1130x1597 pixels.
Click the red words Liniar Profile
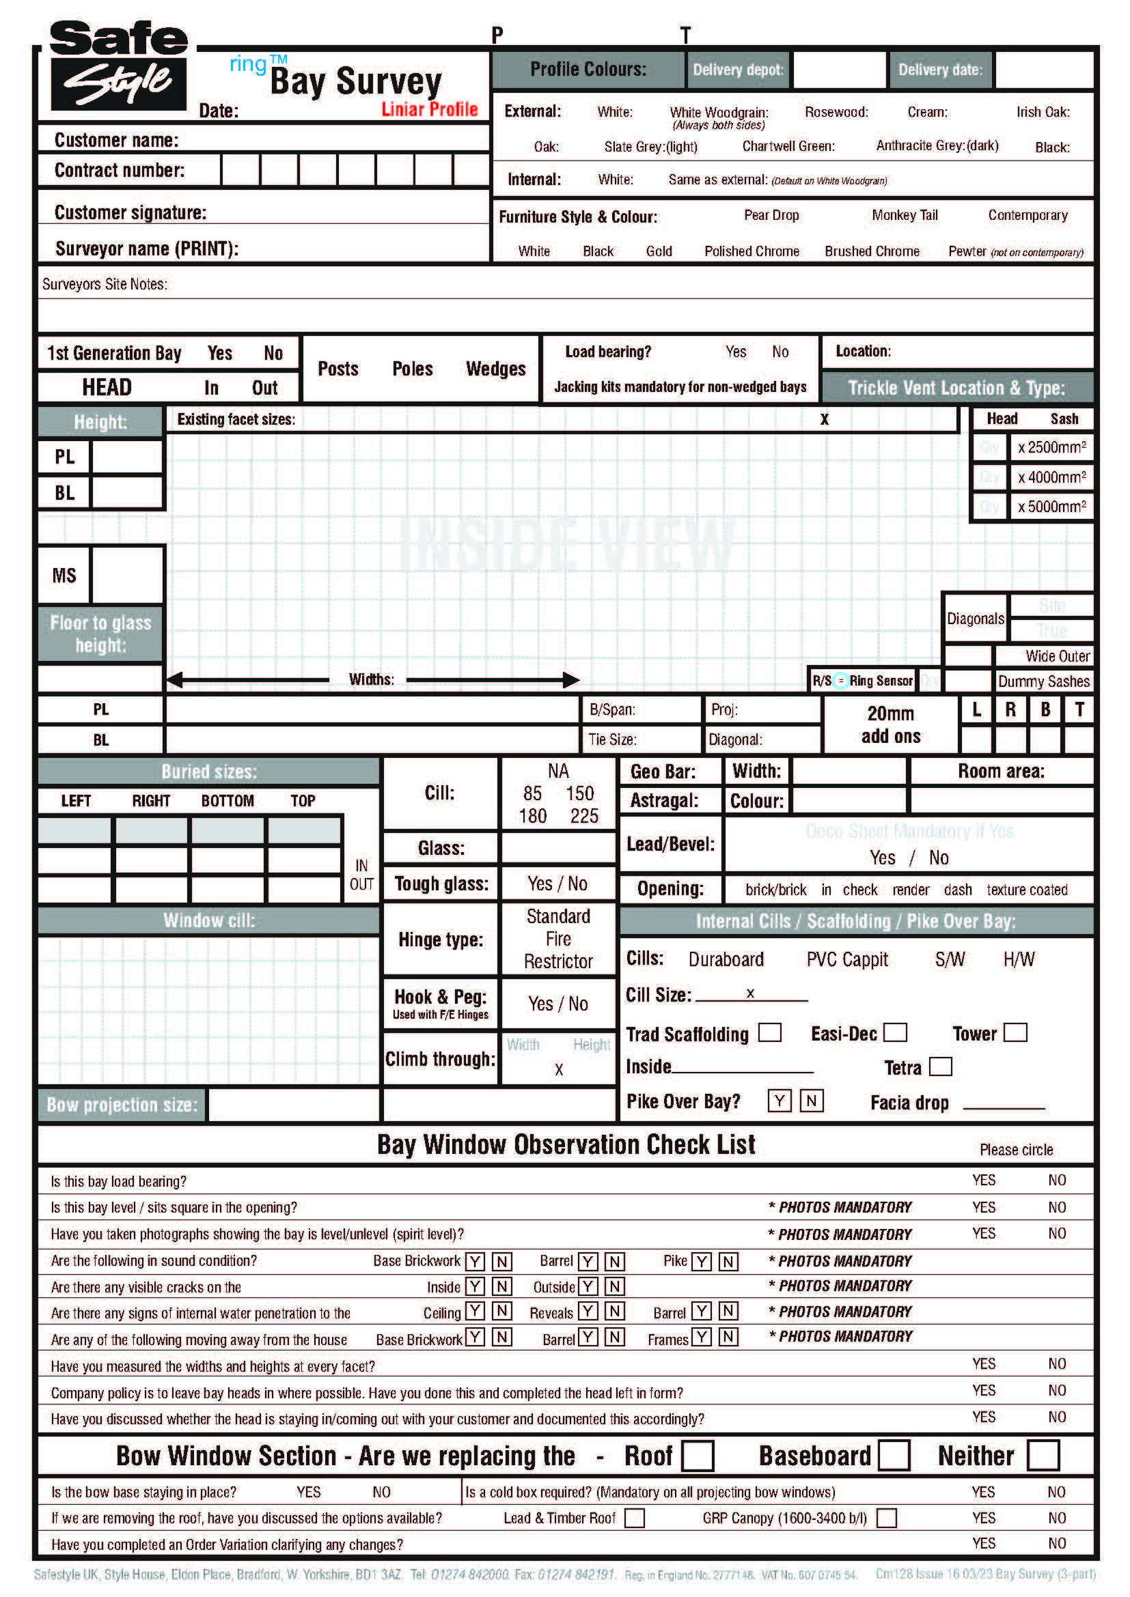pyautogui.click(x=429, y=109)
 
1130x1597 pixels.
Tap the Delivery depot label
pyautogui.click(x=738, y=70)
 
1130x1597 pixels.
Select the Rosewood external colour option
pyautogui.click(x=836, y=112)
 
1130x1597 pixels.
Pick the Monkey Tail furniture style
pyautogui.click(x=904, y=215)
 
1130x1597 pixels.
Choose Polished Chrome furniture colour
pyautogui.click(x=751, y=251)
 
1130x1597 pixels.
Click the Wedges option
pyautogui.click(x=495, y=369)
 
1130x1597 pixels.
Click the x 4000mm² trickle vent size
pyautogui.click(x=1051, y=477)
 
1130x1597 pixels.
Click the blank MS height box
pyautogui.click(x=126, y=574)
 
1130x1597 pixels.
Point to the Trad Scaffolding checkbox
pyautogui.click(x=769, y=1032)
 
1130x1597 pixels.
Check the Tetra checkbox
pyautogui.click(x=940, y=1066)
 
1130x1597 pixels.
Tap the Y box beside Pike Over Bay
pyautogui.click(x=780, y=1101)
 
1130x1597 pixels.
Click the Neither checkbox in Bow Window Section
pyautogui.click(x=1043, y=1455)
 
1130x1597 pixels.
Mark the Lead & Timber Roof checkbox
pyautogui.click(x=634, y=1518)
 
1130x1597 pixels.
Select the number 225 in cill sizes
pyautogui.click(x=583, y=816)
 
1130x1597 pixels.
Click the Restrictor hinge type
pyautogui.click(x=558, y=961)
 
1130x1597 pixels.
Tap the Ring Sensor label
pyautogui.click(x=880, y=680)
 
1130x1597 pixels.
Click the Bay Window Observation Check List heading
pyautogui.click(x=566, y=1144)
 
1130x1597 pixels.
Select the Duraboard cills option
pyautogui.click(x=726, y=959)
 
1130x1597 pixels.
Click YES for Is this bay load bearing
pyautogui.click(x=983, y=1180)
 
